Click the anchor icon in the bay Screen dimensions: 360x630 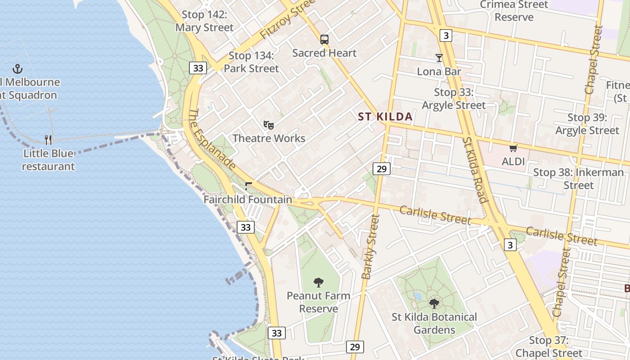click(18, 69)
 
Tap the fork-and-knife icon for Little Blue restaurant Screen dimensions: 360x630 click(49, 139)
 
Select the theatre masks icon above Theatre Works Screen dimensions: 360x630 click(269, 125)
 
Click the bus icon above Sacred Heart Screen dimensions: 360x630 click(324, 40)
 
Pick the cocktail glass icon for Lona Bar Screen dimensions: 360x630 click(439, 58)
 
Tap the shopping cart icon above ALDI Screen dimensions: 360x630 click(513, 148)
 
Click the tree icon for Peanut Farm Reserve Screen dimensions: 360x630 click(319, 283)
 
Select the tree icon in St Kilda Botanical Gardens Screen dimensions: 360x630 click(434, 304)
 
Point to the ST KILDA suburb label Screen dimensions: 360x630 click(385, 117)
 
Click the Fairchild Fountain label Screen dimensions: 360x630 click(248, 199)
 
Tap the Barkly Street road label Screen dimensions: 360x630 click(371, 247)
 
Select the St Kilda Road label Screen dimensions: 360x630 click(475, 170)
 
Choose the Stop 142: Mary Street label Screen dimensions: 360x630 click(204, 21)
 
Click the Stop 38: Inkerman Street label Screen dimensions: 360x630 click(579, 179)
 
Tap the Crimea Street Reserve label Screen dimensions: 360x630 click(514, 11)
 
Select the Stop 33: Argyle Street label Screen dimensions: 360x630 click(454, 99)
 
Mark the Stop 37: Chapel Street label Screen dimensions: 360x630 click(549, 346)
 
